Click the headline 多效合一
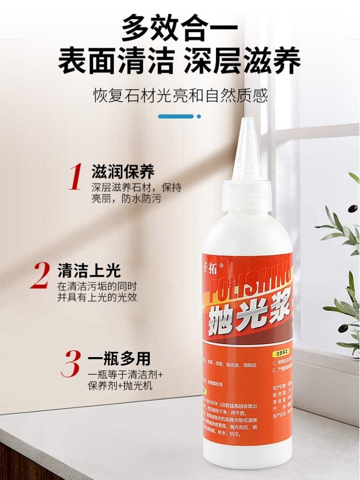[180, 27]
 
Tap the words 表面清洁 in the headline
[116, 61]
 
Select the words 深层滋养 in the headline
[243, 61]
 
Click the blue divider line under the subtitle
[176, 116]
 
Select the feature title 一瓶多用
[119, 359]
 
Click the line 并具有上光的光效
[97, 297]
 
